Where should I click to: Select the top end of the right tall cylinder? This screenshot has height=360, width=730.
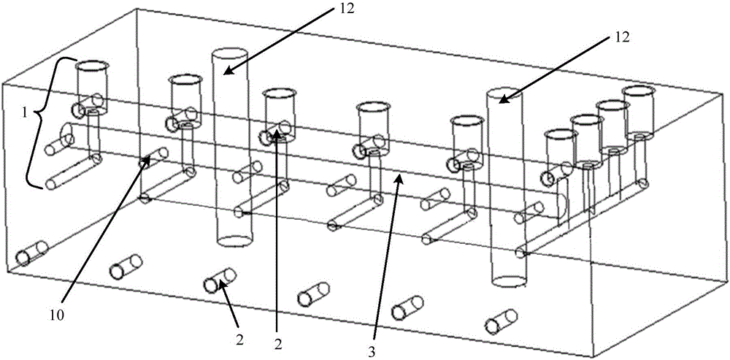click(x=503, y=96)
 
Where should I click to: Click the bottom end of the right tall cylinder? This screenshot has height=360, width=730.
click(x=509, y=280)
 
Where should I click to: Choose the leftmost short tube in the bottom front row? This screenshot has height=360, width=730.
click(x=31, y=253)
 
